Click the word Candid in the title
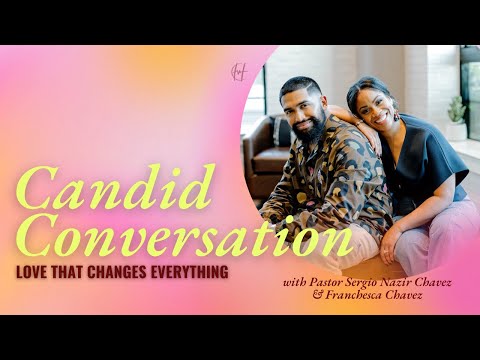90,191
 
